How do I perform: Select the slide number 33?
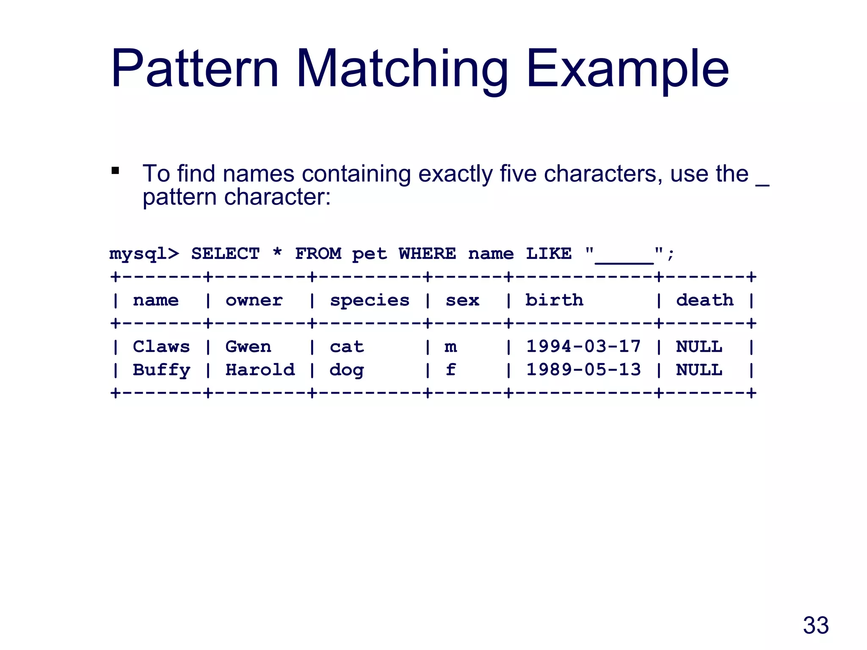tap(815, 625)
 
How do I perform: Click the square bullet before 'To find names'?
tap(115, 171)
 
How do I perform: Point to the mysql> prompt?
tap(144, 254)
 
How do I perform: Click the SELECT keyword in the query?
tap(225, 253)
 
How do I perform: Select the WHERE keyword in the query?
tap(427, 253)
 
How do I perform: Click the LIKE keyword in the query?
tap(549, 253)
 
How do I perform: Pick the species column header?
tap(370, 301)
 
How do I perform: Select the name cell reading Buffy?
tap(161, 370)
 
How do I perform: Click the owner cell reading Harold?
tap(260, 369)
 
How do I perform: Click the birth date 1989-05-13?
tap(583, 369)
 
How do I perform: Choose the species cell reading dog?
tap(346, 370)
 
